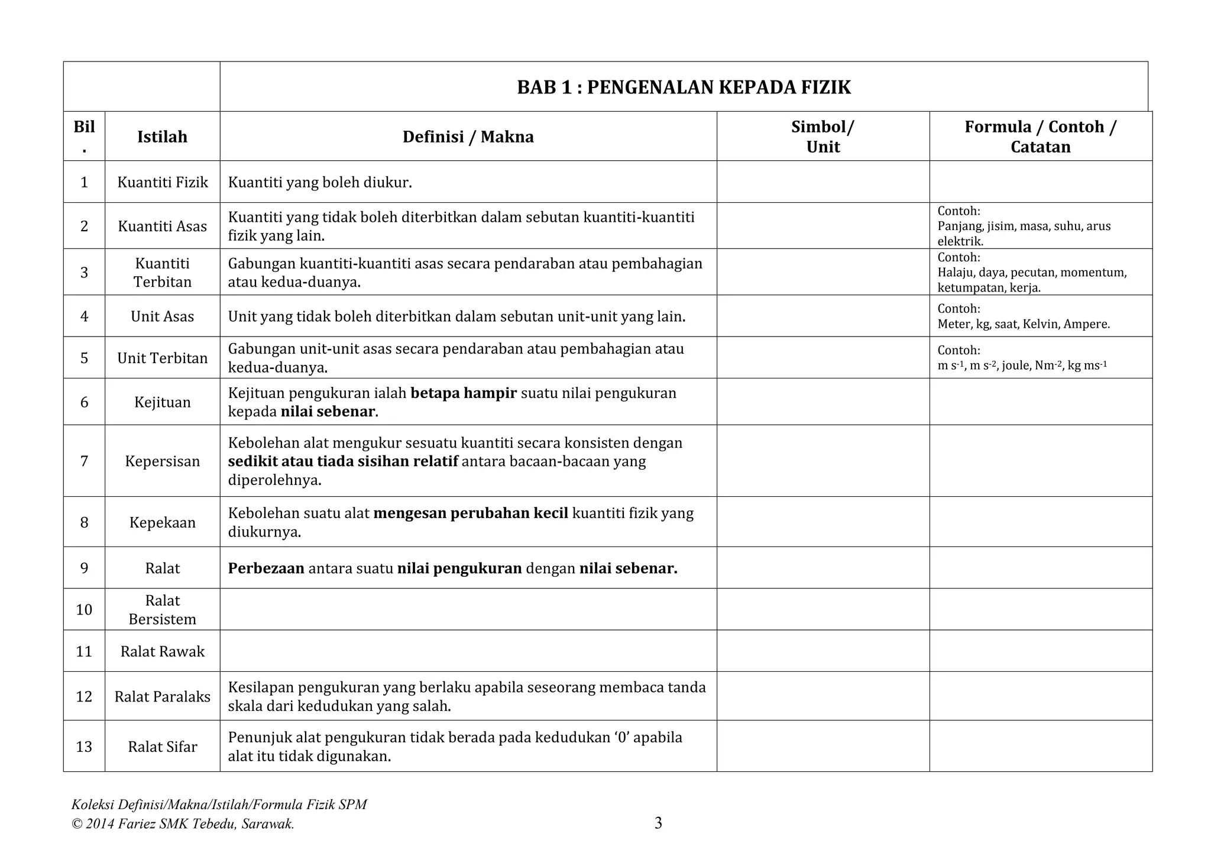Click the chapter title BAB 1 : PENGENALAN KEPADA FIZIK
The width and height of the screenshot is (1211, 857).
coord(684,88)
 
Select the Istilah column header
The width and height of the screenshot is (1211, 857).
coord(162,137)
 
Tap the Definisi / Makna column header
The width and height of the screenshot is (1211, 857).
coord(468,137)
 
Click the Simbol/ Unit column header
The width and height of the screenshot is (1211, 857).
coord(823,137)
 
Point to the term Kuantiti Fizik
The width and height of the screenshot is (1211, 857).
coord(163,182)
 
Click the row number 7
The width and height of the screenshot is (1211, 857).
coord(84,461)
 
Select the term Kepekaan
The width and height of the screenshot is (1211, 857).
coord(163,522)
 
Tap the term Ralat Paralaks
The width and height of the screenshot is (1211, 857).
coord(163,697)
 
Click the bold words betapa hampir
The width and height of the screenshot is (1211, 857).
coord(463,393)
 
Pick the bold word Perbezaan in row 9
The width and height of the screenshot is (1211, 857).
coord(266,568)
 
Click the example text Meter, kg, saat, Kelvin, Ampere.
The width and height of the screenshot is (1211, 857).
coord(1024,324)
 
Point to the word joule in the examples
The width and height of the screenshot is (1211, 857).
coord(1015,366)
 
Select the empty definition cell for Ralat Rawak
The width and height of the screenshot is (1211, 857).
coord(468,651)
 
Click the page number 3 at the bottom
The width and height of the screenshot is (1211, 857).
coord(658,823)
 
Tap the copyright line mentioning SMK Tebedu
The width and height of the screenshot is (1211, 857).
coord(183,824)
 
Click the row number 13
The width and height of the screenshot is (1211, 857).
coord(84,746)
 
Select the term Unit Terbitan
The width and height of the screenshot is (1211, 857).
coord(163,358)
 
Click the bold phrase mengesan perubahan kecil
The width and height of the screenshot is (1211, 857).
coord(471,513)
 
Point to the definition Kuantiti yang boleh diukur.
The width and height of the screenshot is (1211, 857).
coord(320,182)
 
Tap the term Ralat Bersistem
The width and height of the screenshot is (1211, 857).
coord(163,610)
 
